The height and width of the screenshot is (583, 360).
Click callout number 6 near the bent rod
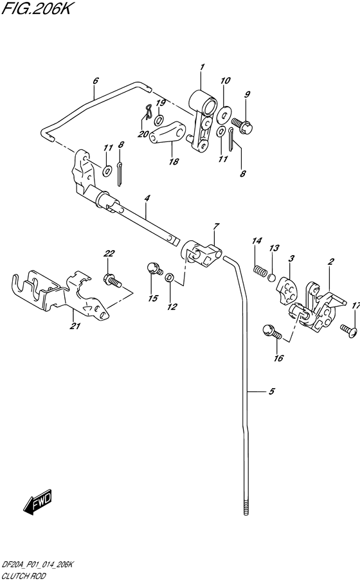[95, 81]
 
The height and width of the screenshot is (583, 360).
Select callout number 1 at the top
[201, 67]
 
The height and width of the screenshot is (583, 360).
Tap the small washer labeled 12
[168, 278]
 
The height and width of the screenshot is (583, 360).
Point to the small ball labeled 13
[273, 278]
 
